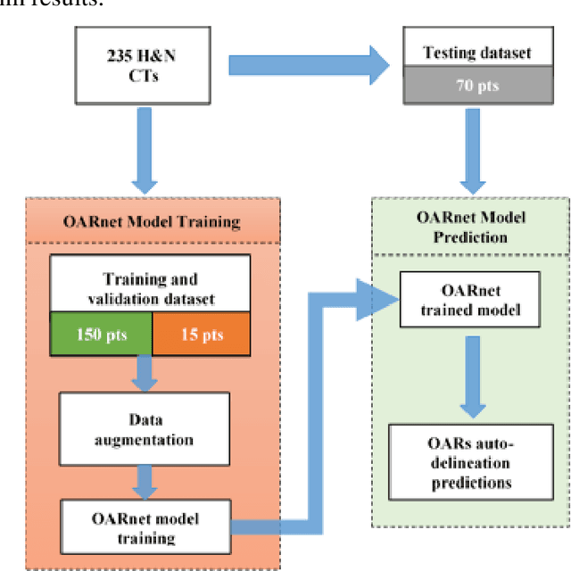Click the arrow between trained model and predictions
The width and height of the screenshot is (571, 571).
(x=468, y=379)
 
